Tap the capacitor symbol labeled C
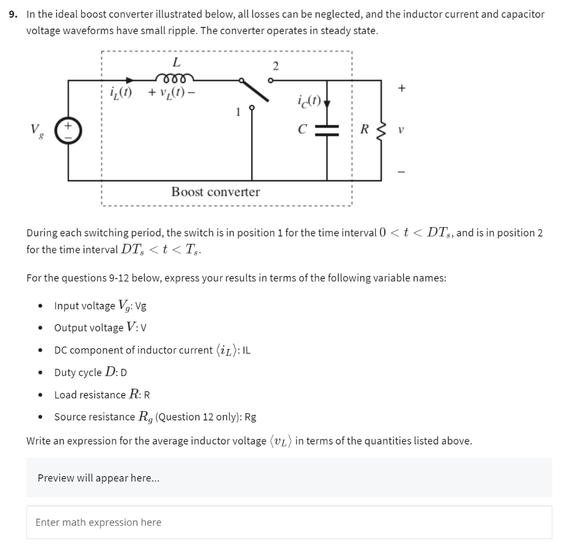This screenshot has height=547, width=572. [327, 130]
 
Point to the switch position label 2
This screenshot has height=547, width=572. [275, 66]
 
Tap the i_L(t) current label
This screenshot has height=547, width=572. [121, 91]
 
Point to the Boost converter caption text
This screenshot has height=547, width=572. [215, 192]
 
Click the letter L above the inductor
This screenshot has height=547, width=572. [176, 61]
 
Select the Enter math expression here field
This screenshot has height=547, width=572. [289, 522]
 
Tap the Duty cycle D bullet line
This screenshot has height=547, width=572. [92, 372]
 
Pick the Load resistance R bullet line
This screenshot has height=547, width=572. [102, 395]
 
